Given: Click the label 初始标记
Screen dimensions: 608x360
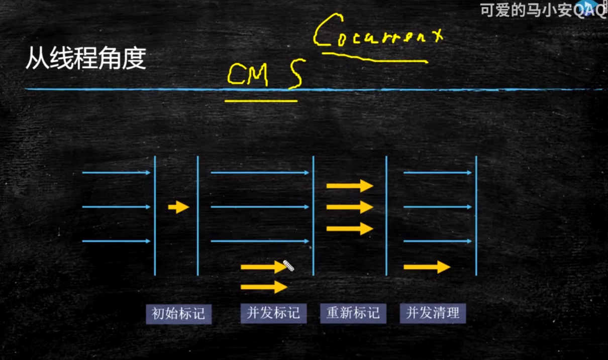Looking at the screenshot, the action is click(178, 314).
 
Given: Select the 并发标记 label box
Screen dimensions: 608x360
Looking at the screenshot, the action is click(273, 314).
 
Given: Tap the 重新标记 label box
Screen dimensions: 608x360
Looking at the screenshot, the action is click(353, 314).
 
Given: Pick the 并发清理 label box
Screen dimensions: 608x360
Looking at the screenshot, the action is click(433, 314).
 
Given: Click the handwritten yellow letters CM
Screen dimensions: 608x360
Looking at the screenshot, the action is click(247, 75).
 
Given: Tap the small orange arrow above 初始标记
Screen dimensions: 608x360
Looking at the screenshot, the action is click(178, 207).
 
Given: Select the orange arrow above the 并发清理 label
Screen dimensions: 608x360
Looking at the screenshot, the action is click(427, 267).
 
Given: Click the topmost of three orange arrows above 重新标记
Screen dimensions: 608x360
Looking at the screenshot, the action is click(350, 186).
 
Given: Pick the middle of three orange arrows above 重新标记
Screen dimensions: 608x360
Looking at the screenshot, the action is click(350, 207).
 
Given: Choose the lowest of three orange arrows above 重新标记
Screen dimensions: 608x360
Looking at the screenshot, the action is click(350, 229).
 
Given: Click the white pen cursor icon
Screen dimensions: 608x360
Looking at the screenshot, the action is click(288, 265).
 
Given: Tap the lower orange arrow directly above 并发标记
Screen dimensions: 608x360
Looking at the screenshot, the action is click(264, 287).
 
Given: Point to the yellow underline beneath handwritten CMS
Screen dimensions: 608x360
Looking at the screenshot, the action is click(261, 100).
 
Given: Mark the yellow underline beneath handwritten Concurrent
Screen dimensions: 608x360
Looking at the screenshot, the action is click(374, 58).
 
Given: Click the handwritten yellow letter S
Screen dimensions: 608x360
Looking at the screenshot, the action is click(296, 74).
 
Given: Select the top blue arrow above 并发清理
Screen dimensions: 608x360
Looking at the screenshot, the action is click(437, 173).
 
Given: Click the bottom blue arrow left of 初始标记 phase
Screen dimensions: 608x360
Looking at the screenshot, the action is click(116, 241).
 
